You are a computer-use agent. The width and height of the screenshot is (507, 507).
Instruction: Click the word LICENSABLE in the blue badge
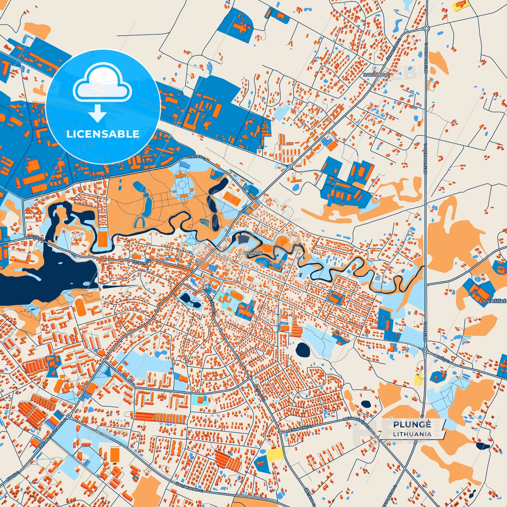coord(103,134)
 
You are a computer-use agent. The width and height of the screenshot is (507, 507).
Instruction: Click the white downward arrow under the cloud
coord(98,113)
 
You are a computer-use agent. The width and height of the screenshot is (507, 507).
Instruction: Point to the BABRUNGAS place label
coord(376,75)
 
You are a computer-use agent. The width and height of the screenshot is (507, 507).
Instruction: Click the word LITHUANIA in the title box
coord(412,434)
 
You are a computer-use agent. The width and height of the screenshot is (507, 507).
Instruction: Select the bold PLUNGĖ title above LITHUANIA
coord(412,425)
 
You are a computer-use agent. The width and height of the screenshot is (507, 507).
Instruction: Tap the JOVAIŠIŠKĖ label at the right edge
coord(494,301)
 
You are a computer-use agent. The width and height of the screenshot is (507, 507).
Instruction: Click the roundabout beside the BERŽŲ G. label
coord(425,351)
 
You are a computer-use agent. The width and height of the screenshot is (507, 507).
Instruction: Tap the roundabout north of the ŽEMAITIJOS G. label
coord(427,29)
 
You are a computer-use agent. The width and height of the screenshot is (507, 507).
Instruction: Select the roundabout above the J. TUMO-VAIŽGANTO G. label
coord(69,416)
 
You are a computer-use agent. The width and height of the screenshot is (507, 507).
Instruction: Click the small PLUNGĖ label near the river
coord(253,253)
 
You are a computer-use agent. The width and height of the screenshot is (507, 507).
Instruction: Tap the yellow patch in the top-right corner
coord(461,5)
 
